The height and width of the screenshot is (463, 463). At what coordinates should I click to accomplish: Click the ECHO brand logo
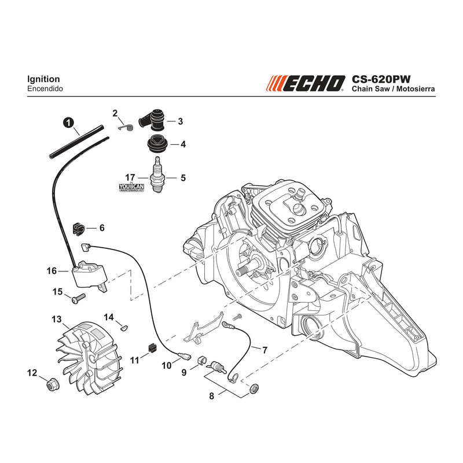tap(306, 83)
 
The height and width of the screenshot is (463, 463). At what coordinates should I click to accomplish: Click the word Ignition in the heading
tap(43, 79)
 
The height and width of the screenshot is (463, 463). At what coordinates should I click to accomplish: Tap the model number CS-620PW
tap(381, 79)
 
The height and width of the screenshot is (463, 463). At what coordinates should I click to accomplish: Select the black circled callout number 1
tap(68, 122)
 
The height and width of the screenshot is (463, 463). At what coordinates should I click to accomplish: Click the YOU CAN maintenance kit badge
tap(131, 188)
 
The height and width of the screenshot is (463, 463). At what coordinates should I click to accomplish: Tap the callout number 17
tap(130, 178)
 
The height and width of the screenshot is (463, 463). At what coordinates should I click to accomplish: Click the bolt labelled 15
tap(79, 298)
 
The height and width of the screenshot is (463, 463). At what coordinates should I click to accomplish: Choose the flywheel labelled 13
tap(89, 358)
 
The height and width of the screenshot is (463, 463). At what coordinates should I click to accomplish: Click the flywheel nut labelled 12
tap(53, 384)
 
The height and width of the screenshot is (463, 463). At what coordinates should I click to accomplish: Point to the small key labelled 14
tap(124, 327)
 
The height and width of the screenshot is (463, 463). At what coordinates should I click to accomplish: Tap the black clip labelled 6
tap(79, 229)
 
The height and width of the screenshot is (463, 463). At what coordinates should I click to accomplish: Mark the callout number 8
tap(211, 396)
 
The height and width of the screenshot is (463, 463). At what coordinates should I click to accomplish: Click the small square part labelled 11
tap(152, 348)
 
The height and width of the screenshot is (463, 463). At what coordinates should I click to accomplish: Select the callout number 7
tap(265, 350)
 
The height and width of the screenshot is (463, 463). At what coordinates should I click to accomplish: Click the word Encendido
tap(45, 89)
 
